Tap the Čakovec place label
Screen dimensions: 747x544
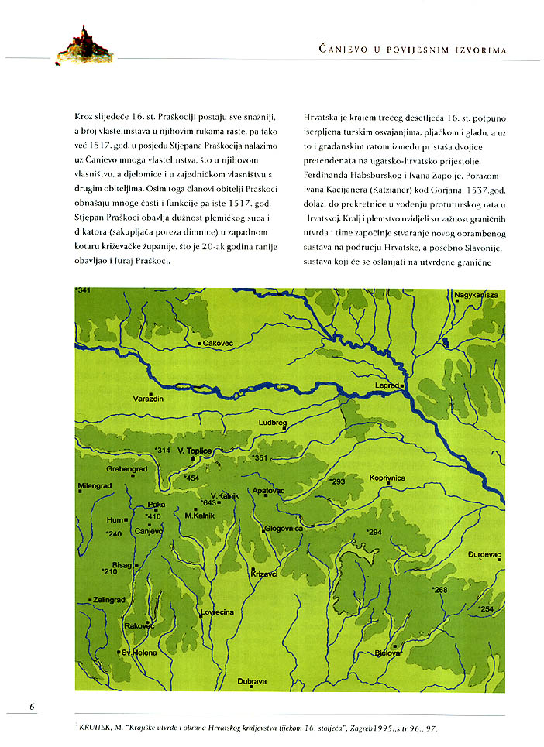pyautogui.click(x=217, y=342)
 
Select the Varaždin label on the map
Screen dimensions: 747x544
pyautogui.click(x=148, y=398)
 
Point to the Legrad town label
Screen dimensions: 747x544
pyautogui.click(x=386, y=385)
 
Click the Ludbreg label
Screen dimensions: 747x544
pyautogui.click(x=274, y=423)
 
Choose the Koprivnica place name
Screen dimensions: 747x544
pyautogui.click(x=387, y=478)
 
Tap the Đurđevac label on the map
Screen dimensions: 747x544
pyautogui.click(x=486, y=555)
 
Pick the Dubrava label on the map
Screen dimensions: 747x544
pyautogui.click(x=253, y=681)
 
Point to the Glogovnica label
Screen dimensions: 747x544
pyautogui.click(x=283, y=529)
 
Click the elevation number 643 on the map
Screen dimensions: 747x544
pyautogui.click(x=208, y=503)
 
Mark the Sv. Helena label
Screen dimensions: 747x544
pyautogui.click(x=139, y=653)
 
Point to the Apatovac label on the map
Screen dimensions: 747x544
pyautogui.click(x=269, y=491)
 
